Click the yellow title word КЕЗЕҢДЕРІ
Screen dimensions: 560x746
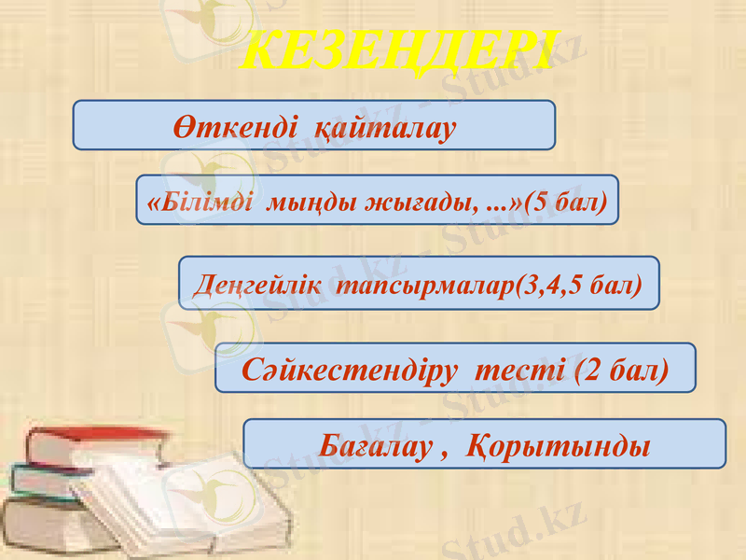[399, 49]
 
